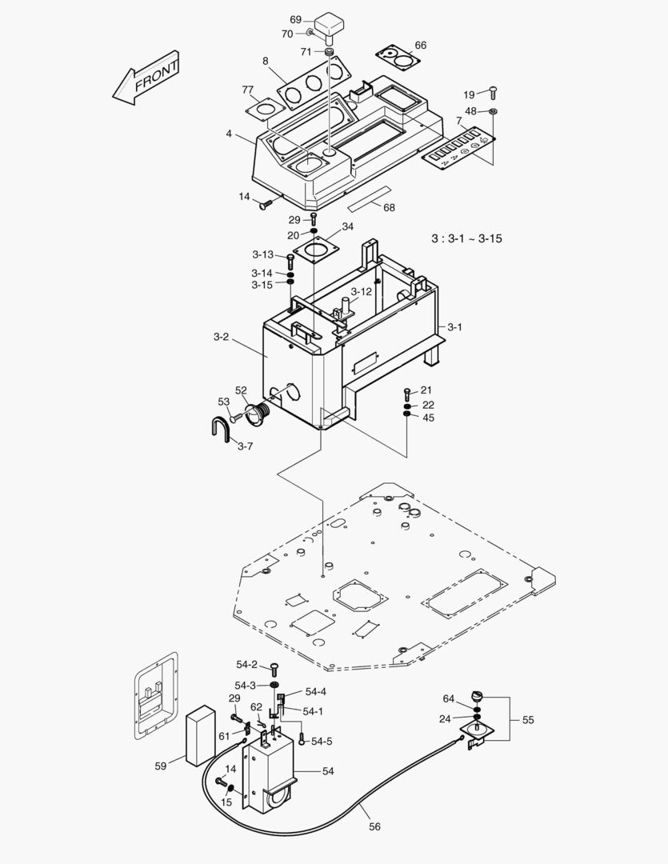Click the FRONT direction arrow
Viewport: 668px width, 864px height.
[x=146, y=78]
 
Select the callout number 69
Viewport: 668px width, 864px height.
[x=295, y=19]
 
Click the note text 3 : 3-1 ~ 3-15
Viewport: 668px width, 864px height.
[x=466, y=238]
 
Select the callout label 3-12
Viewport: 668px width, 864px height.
[x=362, y=292]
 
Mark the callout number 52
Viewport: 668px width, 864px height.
[x=241, y=390]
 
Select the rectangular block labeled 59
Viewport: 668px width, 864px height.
[x=200, y=734]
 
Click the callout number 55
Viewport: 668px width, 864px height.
[x=528, y=720]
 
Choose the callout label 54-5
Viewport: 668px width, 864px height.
[x=322, y=742]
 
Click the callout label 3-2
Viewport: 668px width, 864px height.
[x=221, y=337]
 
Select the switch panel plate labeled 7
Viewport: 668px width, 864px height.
[x=458, y=148]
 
